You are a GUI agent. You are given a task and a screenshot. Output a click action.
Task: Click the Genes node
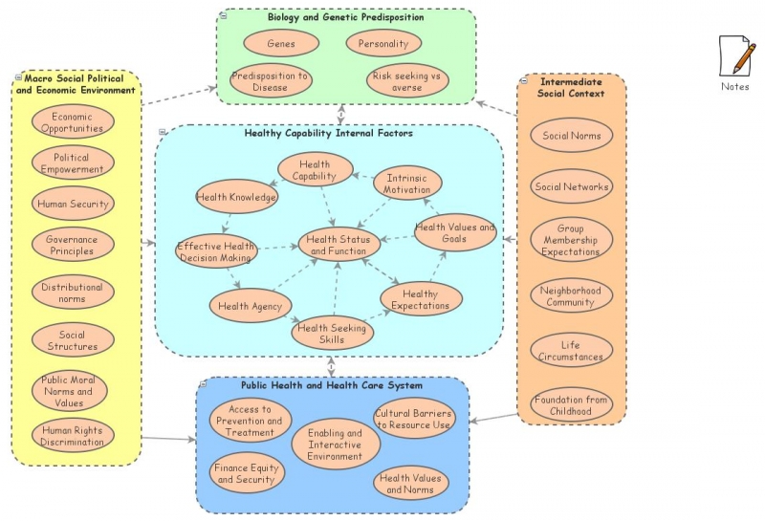point(281,43)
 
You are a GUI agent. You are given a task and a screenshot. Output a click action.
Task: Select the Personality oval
point(383,43)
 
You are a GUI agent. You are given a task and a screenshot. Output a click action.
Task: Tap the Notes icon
point(735,58)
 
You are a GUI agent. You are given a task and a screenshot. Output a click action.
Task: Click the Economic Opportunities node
point(73,121)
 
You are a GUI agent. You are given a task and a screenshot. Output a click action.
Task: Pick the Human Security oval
point(73,203)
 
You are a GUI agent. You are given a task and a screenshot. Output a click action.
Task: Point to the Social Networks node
point(571,187)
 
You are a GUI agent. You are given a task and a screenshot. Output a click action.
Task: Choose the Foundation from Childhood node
point(571,404)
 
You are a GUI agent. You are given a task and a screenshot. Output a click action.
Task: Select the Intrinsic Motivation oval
point(407,183)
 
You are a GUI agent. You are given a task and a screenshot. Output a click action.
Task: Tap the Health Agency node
point(250,306)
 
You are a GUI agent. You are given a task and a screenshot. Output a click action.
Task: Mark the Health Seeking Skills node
point(333,334)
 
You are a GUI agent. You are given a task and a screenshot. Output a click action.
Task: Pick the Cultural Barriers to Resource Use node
point(414,418)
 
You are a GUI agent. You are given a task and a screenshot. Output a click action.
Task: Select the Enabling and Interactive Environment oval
point(335,445)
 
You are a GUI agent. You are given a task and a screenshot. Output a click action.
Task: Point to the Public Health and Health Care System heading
point(317,385)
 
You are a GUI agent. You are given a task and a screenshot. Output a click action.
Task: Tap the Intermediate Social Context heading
point(572,88)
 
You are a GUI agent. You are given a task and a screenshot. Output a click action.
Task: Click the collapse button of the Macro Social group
point(18,77)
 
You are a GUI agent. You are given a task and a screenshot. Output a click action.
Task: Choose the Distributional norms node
point(73,293)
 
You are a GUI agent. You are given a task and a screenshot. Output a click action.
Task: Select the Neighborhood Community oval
point(571,296)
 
